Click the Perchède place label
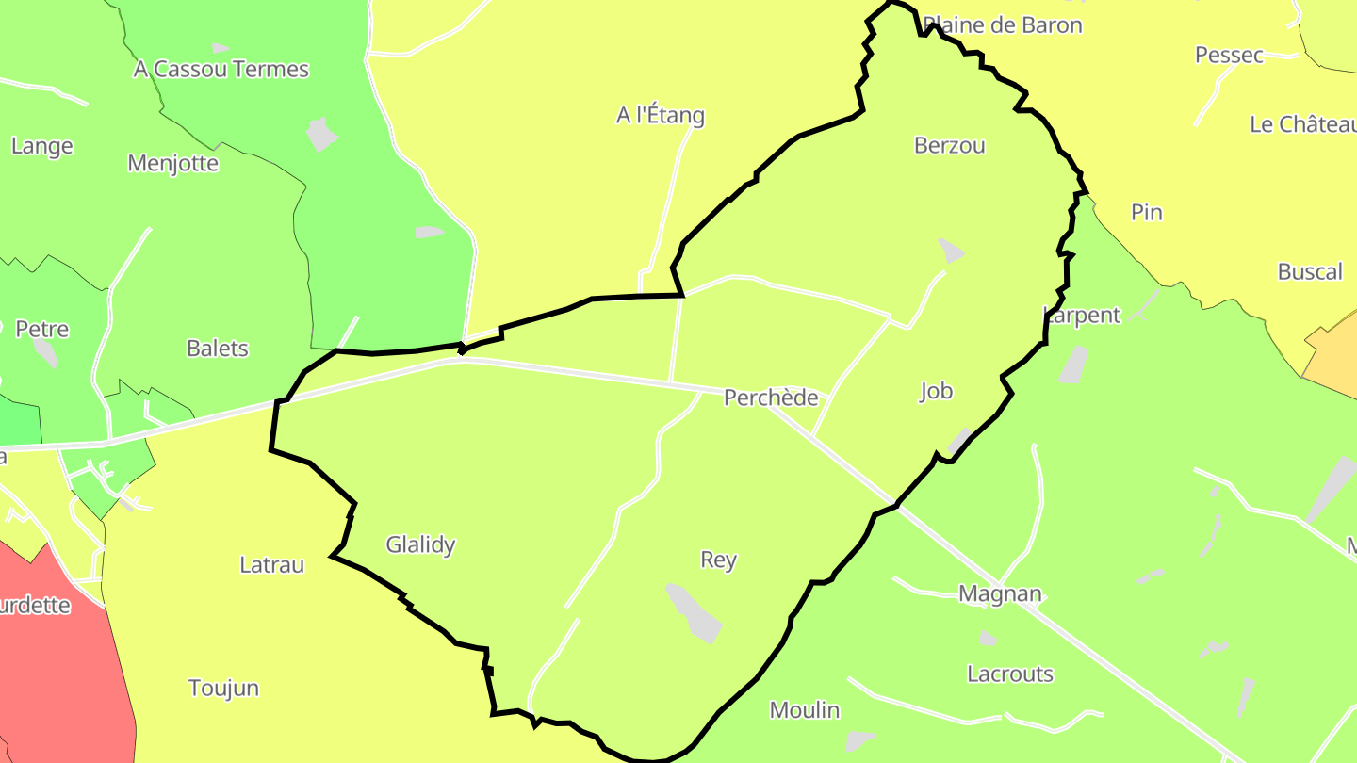pos(770,398)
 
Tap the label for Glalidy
pos(420,544)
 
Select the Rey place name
pos(718,560)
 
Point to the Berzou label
pos(949,145)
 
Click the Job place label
pos(936,391)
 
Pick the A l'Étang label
pos(660,116)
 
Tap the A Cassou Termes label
pos(221,69)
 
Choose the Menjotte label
pos(172,164)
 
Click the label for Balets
pos(217,349)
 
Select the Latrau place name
pos(271,565)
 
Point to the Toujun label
pos(223,688)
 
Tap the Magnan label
pos(1000,594)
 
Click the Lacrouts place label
pos(1009,674)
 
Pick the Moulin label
pos(804,710)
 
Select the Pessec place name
pos(1229,56)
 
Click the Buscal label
pos(1309,272)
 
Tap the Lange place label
pos(41,146)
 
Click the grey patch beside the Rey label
pos(694,613)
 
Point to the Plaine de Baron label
pos(1003,25)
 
